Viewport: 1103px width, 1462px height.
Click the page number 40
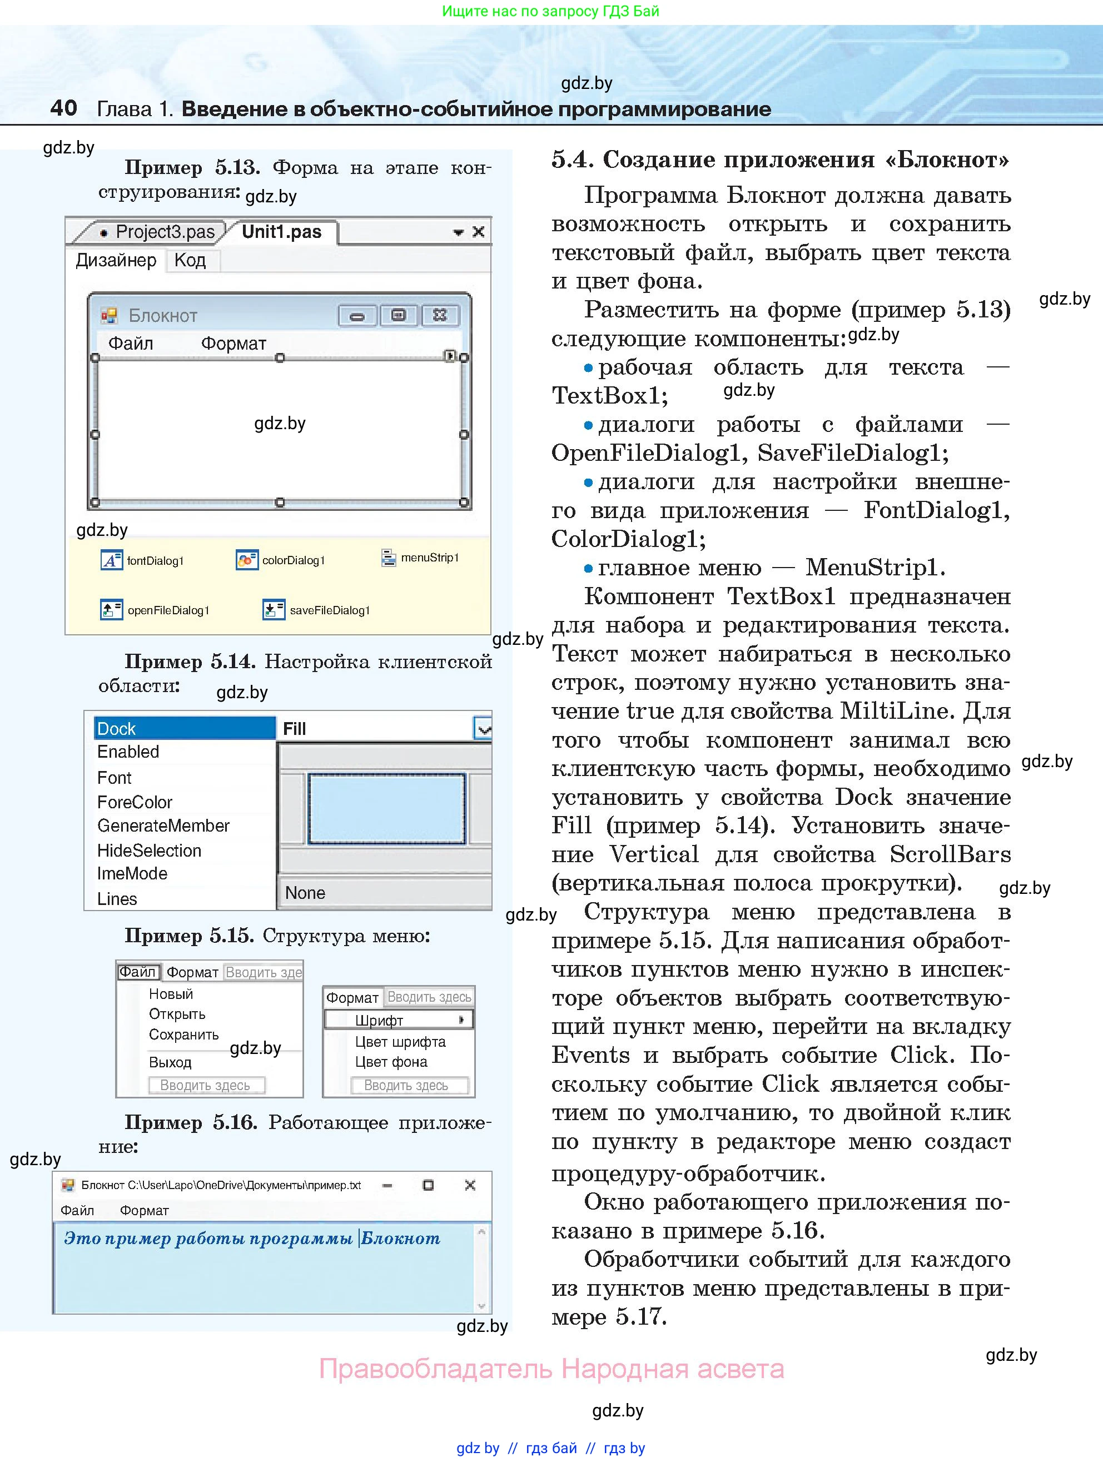coord(63,108)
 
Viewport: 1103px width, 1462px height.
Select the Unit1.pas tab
coord(281,232)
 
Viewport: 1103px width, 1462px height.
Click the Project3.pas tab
coord(165,232)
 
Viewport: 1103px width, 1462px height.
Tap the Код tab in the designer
coord(190,260)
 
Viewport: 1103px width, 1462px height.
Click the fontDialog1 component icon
coord(111,560)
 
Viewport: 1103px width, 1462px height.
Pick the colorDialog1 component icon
coord(246,560)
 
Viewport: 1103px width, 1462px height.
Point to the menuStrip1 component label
coord(430,558)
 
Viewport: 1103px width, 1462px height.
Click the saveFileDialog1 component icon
coord(273,609)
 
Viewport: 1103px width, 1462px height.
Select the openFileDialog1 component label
coord(168,610)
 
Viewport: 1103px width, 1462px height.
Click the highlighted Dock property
coord(183,728)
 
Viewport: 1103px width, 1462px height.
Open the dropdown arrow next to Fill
coord(484,729)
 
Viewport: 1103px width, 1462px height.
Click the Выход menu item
coord(170,1062)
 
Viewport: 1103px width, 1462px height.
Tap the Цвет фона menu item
coord(391,1061)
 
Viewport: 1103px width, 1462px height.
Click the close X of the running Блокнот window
coord(470,1185)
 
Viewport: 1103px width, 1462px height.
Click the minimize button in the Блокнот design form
coord(357,316)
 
